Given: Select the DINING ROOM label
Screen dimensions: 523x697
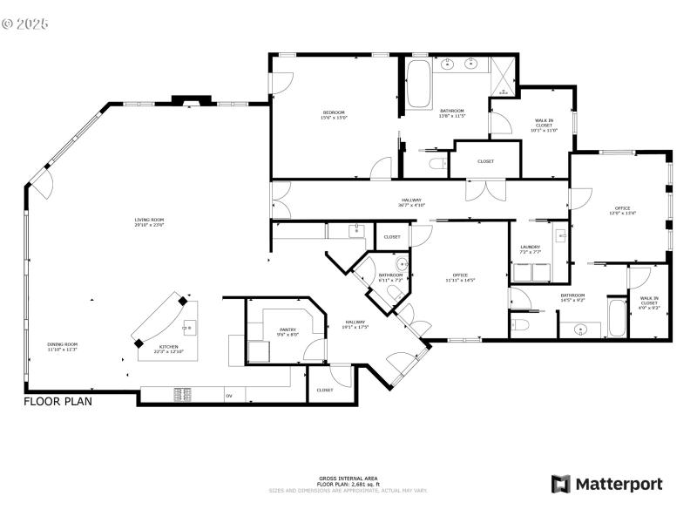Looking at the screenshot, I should tap(63, 346).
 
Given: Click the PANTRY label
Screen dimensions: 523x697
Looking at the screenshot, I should tap(288, 331).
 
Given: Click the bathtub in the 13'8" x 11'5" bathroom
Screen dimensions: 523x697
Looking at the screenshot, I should tap(419, 85).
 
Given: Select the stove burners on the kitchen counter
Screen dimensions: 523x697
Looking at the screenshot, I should tap(185, 395).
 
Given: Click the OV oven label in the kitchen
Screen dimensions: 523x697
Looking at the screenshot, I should tap(229, 396).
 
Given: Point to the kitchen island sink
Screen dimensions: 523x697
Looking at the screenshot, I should tap(186, 328).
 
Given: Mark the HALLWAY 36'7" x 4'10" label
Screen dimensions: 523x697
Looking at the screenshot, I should tap(411, 202).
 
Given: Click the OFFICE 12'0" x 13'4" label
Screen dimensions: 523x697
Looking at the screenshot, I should tap(622, 210).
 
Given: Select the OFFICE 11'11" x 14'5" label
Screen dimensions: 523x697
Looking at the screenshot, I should tap(459, 277).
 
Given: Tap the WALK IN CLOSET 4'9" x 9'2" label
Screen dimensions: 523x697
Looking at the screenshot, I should tap(649, 302).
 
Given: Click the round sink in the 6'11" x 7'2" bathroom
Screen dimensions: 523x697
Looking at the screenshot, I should tap(402, 264).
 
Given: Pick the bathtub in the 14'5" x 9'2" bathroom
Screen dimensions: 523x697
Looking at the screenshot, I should tap(616, 318).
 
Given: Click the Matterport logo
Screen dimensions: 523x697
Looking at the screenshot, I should tap(606, 484).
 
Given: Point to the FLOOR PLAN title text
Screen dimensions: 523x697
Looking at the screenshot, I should tap(58, 402).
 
